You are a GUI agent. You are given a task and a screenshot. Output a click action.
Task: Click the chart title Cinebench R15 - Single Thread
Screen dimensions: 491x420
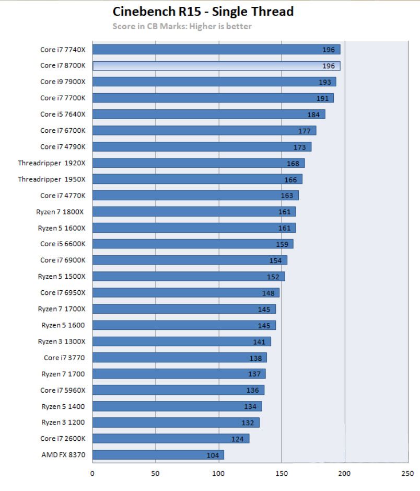click(203, 12)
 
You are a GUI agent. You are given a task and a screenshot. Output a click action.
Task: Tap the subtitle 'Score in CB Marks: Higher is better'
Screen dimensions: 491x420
click(182, 26)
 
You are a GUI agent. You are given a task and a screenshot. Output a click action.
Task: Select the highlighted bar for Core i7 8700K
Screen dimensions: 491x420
click(216, 66)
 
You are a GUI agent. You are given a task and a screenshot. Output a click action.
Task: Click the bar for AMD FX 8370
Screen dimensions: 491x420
click(158, 455)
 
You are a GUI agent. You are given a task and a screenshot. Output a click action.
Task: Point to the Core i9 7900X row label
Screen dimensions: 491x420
click(63, 82)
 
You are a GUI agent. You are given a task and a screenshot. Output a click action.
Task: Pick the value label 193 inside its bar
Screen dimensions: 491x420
click(325, 82)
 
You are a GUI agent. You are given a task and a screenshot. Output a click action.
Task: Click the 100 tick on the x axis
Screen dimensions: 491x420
click(218, 473)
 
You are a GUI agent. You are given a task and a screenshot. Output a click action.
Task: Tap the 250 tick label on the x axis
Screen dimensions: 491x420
click(407, 473)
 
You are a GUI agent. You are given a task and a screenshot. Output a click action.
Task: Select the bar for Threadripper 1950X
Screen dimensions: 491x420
click(197, 179)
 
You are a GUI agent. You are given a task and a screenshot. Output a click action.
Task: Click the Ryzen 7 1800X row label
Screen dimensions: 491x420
click(62, 211)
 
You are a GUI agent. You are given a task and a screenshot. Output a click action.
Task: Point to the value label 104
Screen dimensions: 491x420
click(213, 455)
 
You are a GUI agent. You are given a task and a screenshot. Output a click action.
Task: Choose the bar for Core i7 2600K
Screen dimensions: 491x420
click(170, 439)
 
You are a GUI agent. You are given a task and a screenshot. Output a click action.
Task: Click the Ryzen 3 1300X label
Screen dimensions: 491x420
click(61, 341)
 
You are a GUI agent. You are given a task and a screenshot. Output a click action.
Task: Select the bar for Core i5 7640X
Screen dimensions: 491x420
click(208, 115)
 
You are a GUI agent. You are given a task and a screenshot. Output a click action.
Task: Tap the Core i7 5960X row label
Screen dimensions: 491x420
click(63, 390)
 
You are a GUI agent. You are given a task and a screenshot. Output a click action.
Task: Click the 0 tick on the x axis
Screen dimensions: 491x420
click(92, 473)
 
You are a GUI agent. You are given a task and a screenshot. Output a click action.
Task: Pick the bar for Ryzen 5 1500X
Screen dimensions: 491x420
click(188, 277)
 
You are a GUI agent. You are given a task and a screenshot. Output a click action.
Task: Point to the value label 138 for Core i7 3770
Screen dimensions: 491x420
click(255, 358)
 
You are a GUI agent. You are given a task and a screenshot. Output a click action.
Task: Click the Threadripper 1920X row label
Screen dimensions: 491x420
click(52, 163)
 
